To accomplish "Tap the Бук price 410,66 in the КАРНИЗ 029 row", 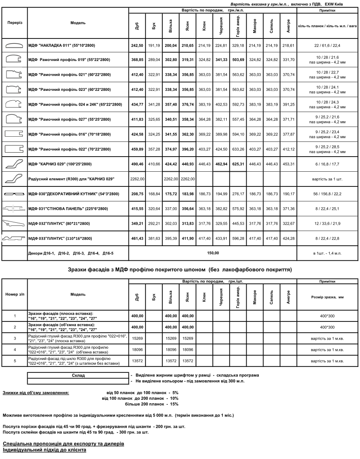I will (x=154, y=164).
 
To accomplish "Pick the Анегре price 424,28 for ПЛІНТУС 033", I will (x=287, y=238).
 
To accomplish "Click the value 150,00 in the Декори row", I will (x=213, y=253).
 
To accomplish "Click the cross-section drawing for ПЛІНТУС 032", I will (x=14, y=223).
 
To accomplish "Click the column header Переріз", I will (x=14, y=22).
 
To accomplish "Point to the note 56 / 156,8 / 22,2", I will (x=328, y=194).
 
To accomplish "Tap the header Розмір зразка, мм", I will (x=328, y=297).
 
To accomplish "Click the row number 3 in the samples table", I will (x=14, y=337).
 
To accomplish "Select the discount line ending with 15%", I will (x=151, y=404).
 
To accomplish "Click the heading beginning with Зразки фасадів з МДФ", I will (x=180, y=270).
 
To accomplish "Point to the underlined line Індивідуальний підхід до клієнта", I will (x=44, y=450).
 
